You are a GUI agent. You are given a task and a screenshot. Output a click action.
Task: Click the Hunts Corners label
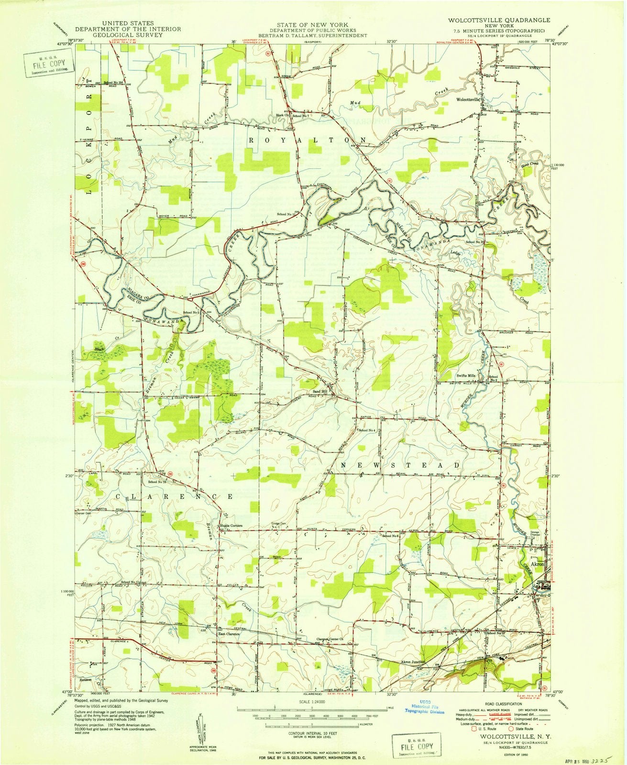pos(231,526)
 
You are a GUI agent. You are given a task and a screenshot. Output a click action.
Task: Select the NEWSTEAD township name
pos(400,465)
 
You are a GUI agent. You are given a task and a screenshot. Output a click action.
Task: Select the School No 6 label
pos(390,536)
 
